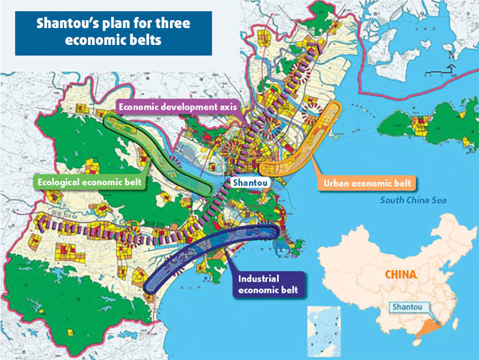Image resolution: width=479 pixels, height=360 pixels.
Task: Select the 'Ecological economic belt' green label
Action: pyautogui.click(x=93, y=180)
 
